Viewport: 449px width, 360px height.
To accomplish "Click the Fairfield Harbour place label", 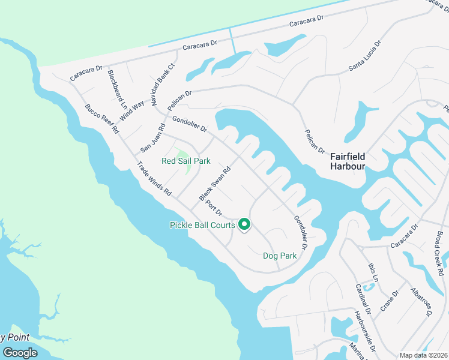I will click(x=348, y=161).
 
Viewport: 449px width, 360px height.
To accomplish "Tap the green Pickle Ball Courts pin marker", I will click(x=244, y=224).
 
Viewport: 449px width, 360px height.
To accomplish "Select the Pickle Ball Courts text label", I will click(x=202, y=226).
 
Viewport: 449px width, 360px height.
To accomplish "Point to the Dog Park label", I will click(x=280, y=256).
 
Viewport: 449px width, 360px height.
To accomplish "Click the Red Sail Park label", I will click(x=186, y=161).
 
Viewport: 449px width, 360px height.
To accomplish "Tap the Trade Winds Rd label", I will click(x=154, y=179).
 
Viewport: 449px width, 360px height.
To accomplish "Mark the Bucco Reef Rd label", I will click(x=102, y=119).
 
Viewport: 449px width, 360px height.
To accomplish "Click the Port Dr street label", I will click(x=214, y=208).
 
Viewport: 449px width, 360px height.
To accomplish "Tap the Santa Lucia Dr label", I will click(x=365, y=57).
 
